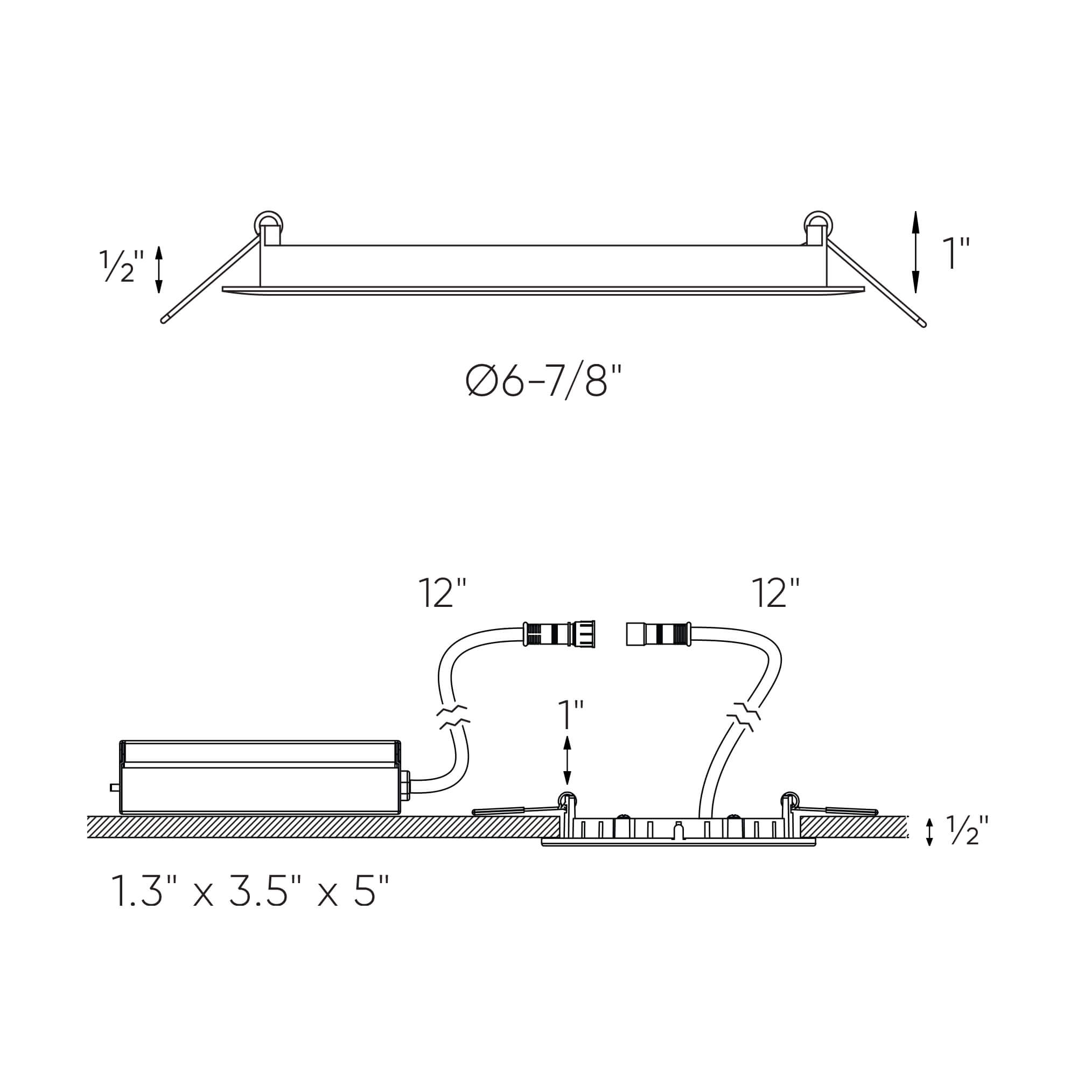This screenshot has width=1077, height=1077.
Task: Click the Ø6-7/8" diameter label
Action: pos(543,381)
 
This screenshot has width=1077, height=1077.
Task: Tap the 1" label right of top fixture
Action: pos(956,253)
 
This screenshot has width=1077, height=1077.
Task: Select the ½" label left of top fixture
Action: pos(121,266)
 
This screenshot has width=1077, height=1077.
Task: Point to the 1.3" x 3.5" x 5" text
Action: pos(249,890)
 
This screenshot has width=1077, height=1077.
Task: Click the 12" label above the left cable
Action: pos(442,593)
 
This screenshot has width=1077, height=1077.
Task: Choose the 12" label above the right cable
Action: pos(775,593)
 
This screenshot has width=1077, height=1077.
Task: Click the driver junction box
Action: pos(260,778)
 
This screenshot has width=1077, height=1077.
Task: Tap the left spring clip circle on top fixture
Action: pos(268,223)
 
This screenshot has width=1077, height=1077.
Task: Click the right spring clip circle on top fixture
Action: pos(819,224)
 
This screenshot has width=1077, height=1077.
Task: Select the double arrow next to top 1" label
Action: pos(915,252)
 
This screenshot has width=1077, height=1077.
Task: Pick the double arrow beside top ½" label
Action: pos(159,269)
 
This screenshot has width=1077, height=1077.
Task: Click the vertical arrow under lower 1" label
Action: pos(568,760)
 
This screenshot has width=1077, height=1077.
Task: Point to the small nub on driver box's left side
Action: pos(114,788)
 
